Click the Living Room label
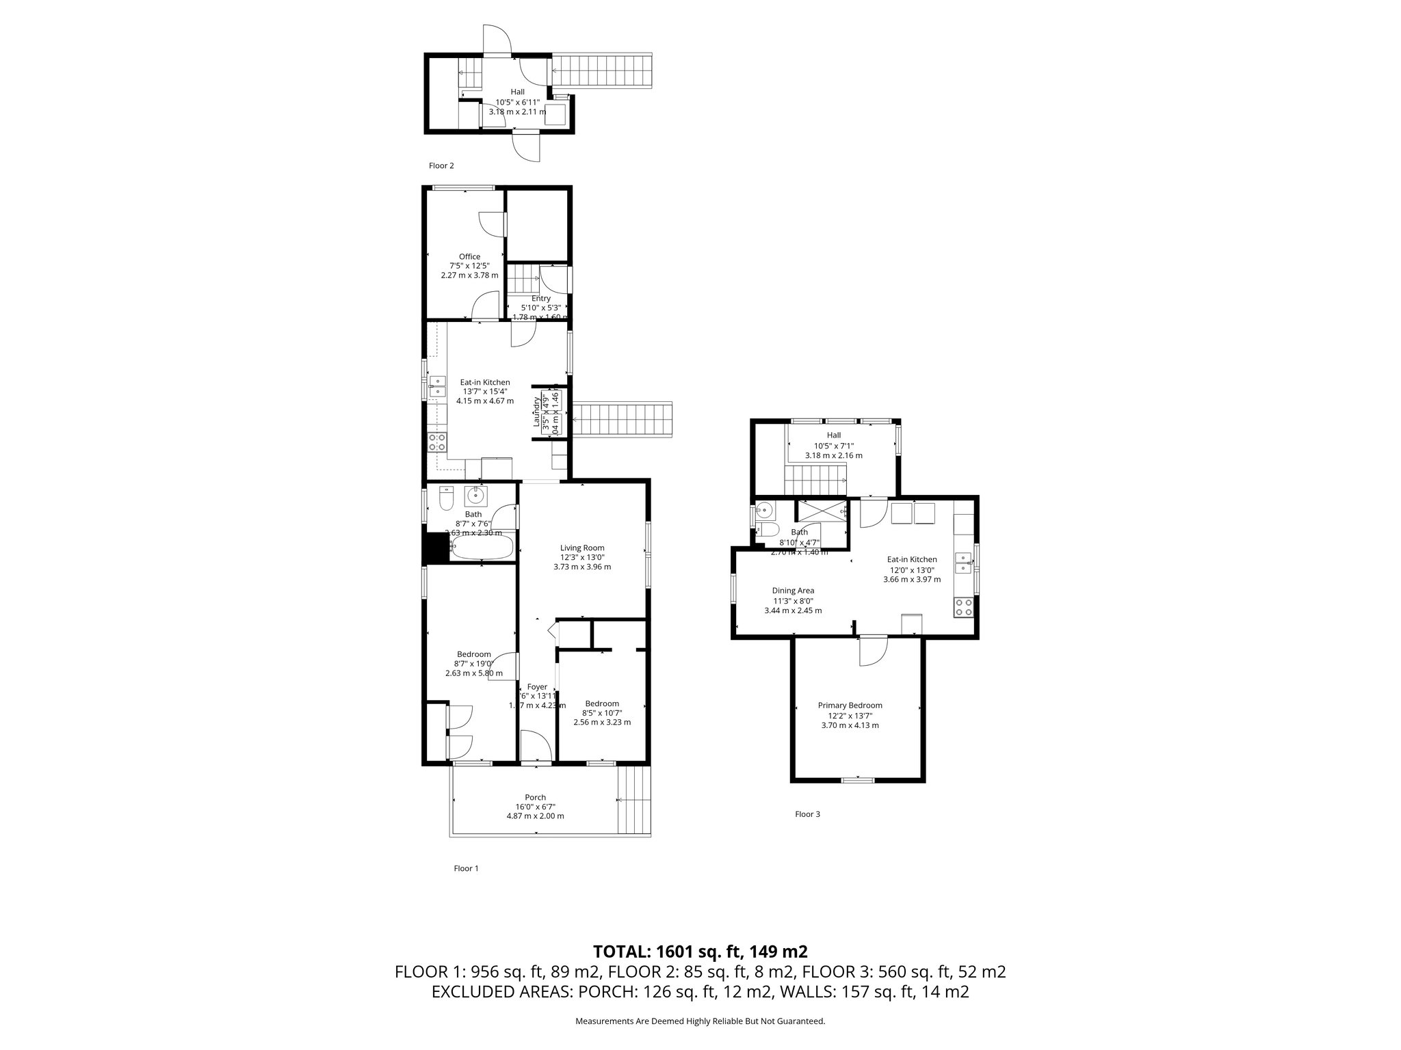(x=581, y=548)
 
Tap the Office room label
(x=469, y=257)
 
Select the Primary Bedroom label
(x=850, y=705)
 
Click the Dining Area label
(x=792, y=591)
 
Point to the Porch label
(x=535, y=797)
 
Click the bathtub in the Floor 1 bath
(x=482, y=548)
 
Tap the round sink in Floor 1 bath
(x=475, y=494)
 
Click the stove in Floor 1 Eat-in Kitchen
(x=436, y=442)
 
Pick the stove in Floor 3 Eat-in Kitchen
(x=964, y=607)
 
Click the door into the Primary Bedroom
(x=874, y=651)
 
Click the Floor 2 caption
(x=441, y=165)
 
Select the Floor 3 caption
(x=807, y=814)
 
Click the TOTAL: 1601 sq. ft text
(x=700, y=951)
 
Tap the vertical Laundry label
(x=537, y=414)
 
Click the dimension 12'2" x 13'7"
(x=850, y=715)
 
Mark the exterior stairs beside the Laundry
(x=623, y=419)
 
